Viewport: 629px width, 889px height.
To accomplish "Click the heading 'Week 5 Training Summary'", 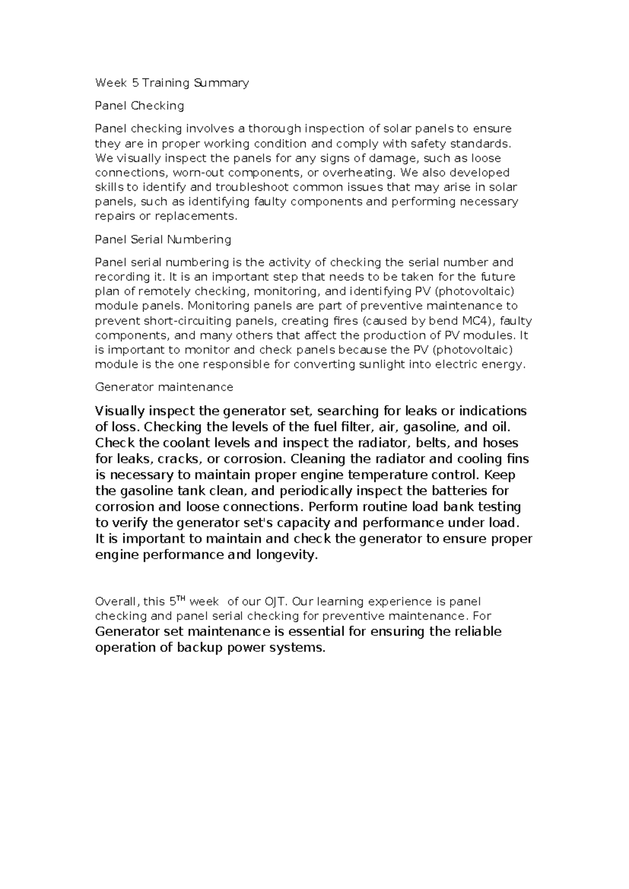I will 171,83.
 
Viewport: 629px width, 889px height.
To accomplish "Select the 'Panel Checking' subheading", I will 139,106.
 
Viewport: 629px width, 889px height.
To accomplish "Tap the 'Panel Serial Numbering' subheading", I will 162,240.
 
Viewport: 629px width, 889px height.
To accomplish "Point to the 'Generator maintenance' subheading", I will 164,387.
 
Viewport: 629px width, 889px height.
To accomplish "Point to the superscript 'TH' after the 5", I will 180,599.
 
